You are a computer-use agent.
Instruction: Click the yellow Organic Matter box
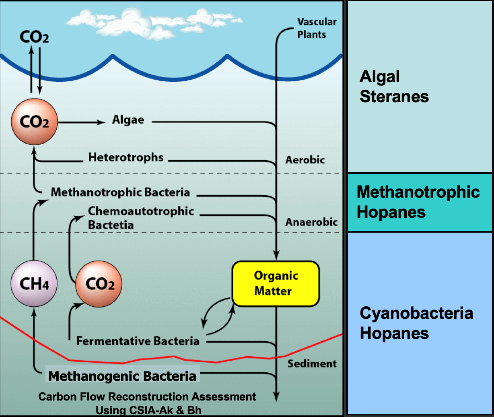click(x=276, y=283)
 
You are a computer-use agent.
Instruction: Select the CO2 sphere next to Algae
click(x=35, y=122)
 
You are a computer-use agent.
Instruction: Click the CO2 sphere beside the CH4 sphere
click(x=99, y=284)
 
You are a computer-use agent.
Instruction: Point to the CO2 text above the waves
click(x=35, y=38)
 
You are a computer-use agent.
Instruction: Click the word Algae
click(x=128, y=120)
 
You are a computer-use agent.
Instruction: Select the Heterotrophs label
click(x=126, y=157)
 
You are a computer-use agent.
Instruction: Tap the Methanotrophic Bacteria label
click(x=120, y=192)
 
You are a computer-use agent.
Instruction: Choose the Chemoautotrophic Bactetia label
click(x=141, y=218)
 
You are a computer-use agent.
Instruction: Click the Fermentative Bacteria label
click(x=138, y=341)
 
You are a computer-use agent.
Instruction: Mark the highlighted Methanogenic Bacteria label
click(x=122, y=376)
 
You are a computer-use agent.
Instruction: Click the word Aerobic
click(x=305, y=160)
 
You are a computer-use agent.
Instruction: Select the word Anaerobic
click(x=311, y=222)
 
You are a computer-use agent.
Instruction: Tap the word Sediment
click(x=312, y=363)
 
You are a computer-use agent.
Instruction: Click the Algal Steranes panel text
click(x=394, y=86)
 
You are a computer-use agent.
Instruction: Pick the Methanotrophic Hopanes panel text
click(x=418, y=202)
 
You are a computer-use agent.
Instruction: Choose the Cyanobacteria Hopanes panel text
click(x=416, y=323)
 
